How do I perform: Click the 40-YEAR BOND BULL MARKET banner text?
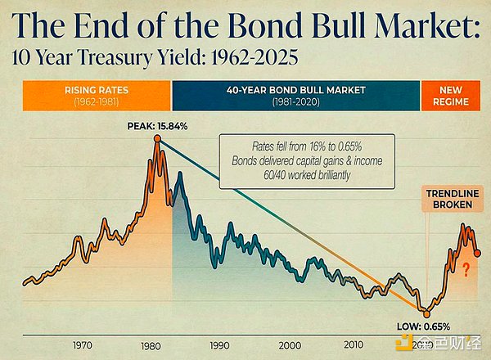point(295,89)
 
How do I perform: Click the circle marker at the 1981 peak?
point(157,139)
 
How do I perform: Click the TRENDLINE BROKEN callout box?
point(452,200)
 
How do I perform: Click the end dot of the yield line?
point(477,253)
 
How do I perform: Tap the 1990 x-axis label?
point(220,344)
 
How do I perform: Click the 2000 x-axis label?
point(286,344)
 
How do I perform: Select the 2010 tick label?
point(353,344)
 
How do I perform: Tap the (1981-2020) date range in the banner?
point(295,101)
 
